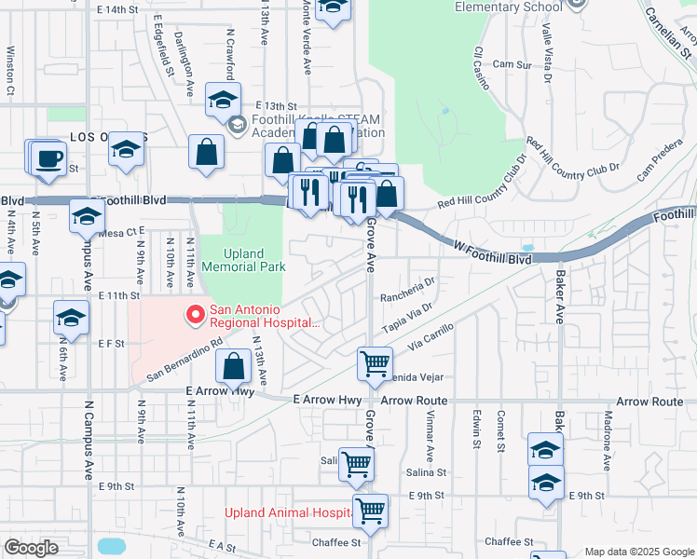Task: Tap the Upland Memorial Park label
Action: point(242,260)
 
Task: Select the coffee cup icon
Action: point(48,157)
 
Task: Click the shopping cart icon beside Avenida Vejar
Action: point(375,363)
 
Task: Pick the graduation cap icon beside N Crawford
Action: point(223,100)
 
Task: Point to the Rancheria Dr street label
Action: point(408,289)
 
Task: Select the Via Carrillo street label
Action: point(430,337)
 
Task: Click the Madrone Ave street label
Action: point(608,430)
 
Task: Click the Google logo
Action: point(31,548)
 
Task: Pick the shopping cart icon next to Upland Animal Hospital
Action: point(370,511)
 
